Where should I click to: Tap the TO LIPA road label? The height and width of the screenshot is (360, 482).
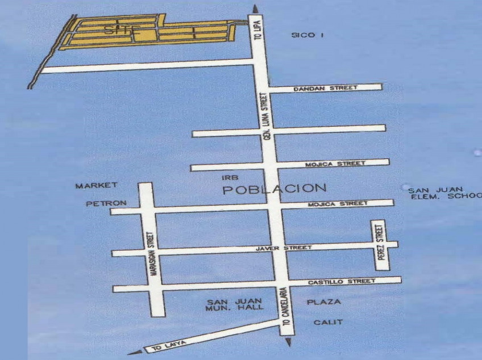point(257,28)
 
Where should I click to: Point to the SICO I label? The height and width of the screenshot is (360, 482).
point(308,35)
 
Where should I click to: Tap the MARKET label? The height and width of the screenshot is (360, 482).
point(97,185)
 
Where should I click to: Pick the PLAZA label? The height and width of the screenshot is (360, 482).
point(324,302)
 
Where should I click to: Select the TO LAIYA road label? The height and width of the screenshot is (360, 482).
point(166,345)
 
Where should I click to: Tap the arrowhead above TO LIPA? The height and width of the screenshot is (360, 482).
point(255,8)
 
